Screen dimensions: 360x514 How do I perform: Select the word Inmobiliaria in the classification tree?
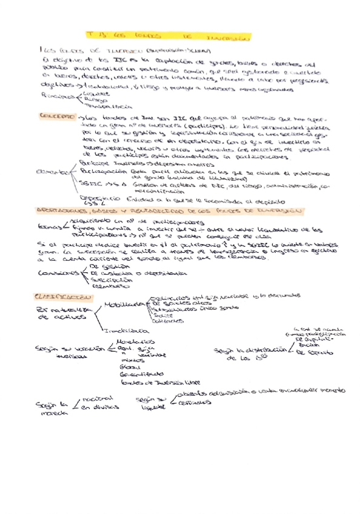125,332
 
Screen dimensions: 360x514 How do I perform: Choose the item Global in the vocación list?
130,367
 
